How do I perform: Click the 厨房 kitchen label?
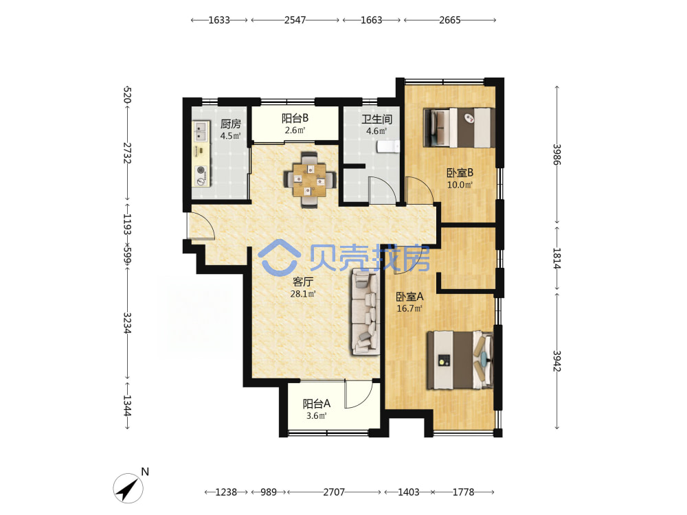[x=230, y=124]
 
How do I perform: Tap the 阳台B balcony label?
[x=295, y=118]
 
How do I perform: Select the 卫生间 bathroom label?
[x=376, y=119]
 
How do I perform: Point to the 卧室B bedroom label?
[x=460, y=172]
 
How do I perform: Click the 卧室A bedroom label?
[x=409, y=297]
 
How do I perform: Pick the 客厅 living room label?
[x=303, y=282]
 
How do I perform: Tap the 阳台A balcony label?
[x=316, y=403]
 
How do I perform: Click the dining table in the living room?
[x=310, y=179]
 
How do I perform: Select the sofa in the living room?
[x=365, y=311]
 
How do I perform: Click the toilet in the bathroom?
[x=389, y=146]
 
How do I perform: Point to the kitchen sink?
[x=201, y=130]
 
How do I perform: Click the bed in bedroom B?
[x=459, y=128]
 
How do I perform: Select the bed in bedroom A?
[x=460, y=360]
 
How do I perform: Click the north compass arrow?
[x=128, y=488]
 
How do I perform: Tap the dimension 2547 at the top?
[x=295, y=20]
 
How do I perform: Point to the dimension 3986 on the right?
[x=557, y=154]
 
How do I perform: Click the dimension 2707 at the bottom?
[x=334, y=492]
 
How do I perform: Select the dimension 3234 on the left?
[x=127, y=323]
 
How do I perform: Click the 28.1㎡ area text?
[x=303, y=294]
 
